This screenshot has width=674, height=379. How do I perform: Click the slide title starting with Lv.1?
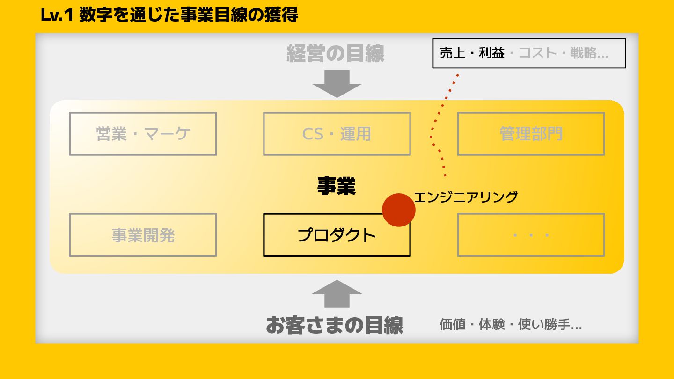click(169, 15)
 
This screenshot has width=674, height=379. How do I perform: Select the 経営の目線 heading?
click(335, 54)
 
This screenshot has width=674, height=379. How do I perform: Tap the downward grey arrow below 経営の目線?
click(337, 83)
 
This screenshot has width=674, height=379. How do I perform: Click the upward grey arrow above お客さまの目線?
click(337, 294)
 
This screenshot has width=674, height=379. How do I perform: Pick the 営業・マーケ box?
click(143, 134)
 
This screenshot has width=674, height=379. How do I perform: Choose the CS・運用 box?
click(337, 134)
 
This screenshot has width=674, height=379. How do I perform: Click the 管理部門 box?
click(531, 134)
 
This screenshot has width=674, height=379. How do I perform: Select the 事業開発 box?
click(143, 235)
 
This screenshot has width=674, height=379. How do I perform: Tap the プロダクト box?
click(337, 235)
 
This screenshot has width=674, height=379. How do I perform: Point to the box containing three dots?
click(531, 235)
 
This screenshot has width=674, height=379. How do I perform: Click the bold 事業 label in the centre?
click(337, 186)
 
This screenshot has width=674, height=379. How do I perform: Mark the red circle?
click(399, 210)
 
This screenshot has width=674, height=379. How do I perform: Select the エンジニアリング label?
click(466, 197)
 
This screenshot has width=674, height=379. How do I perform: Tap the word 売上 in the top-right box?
click(453, 53)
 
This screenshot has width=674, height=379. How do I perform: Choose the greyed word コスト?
click(537, 53)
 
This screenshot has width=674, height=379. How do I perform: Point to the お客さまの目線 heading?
click(334, 325)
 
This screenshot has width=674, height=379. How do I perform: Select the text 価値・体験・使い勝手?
click(510, 324)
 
